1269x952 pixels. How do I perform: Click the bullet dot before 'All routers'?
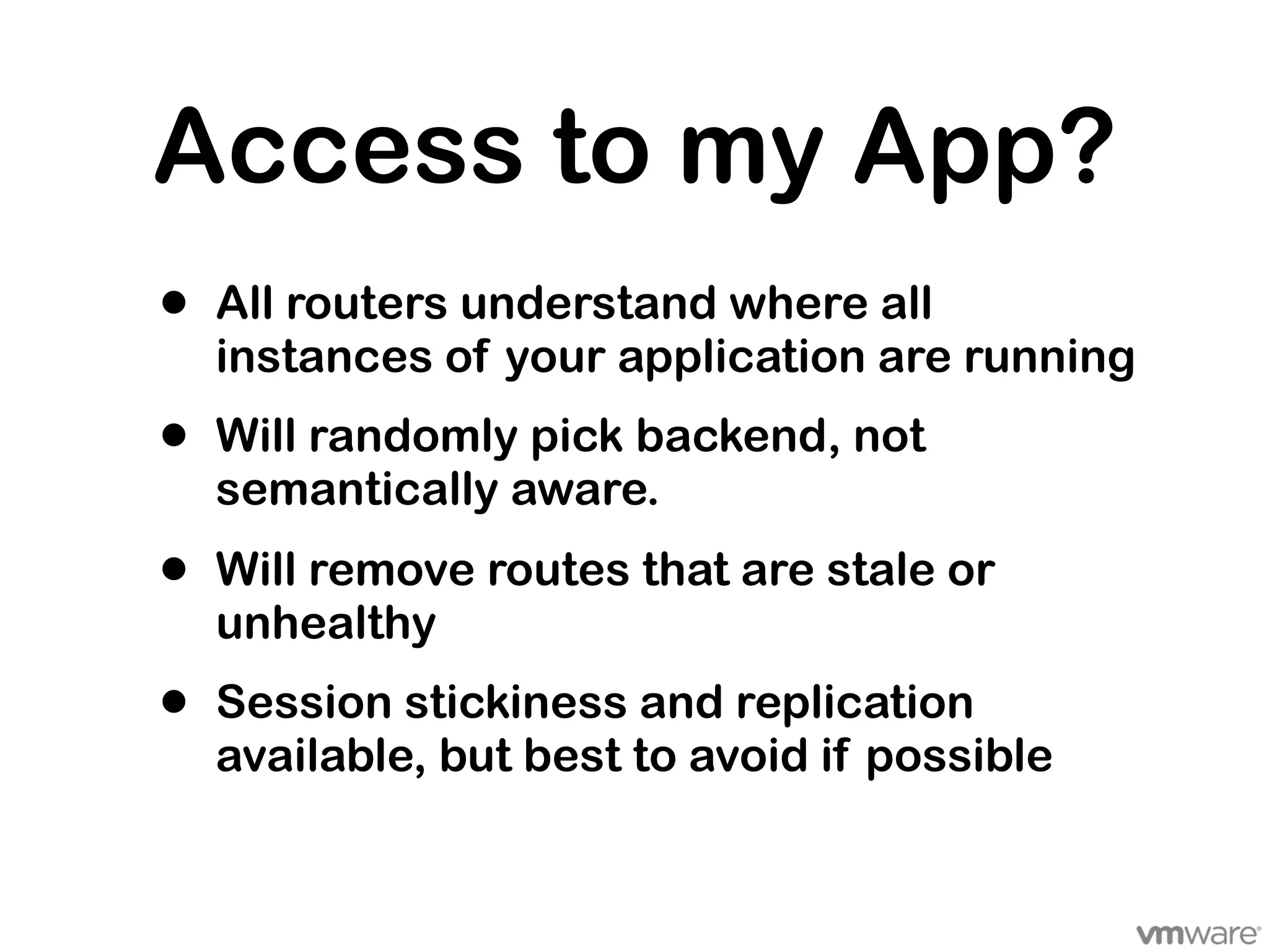175,304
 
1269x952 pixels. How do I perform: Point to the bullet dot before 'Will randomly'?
175,436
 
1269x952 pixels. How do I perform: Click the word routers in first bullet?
367,304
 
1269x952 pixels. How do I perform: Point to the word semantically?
357,491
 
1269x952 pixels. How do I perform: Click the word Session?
304,702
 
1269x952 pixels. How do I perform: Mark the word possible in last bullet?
959,757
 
